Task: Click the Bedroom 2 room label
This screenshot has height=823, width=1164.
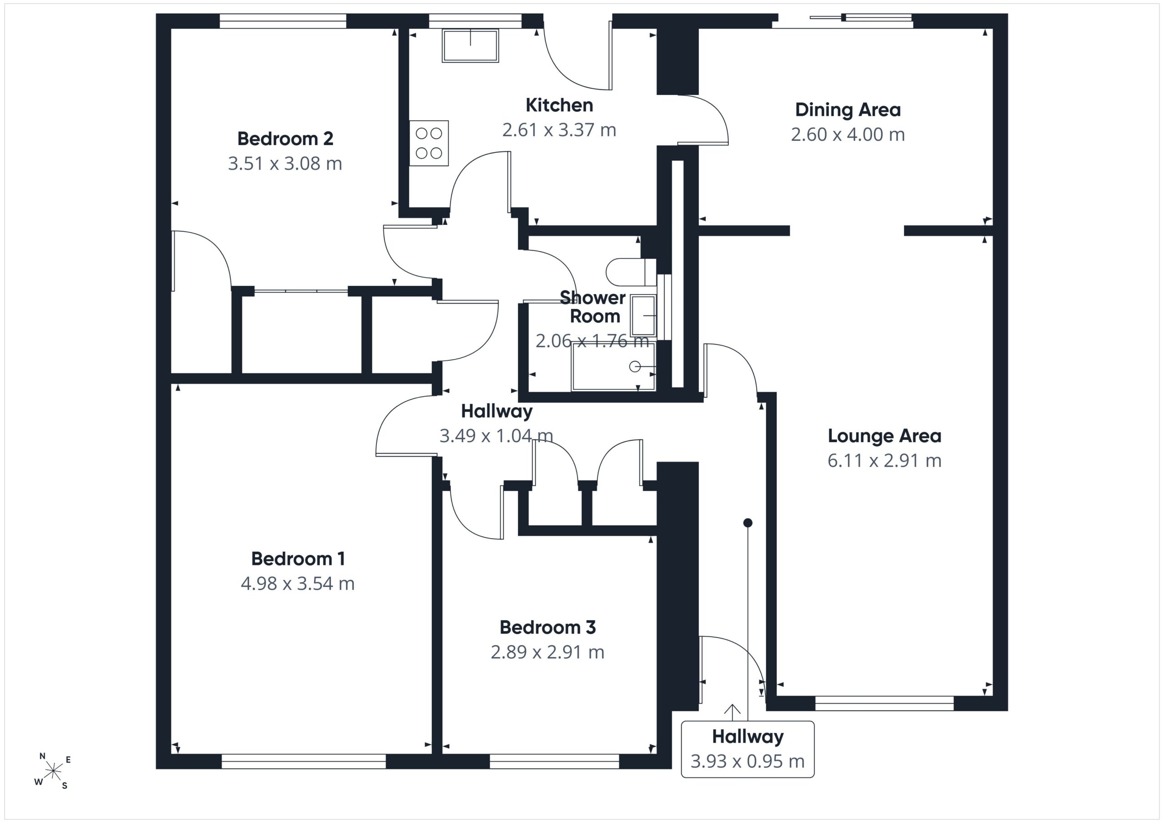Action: coord(285,138)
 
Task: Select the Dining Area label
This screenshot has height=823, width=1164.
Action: coord(848,110)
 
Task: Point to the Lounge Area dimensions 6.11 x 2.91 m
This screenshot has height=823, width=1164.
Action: coord(884,460)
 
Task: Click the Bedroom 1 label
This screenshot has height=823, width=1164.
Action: coord(298,559)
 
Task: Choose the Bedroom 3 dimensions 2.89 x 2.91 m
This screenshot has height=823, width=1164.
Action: coord(547,652)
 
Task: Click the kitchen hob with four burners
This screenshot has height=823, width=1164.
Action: coord(429,143)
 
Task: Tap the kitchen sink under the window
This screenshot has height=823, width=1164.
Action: coord(471,45)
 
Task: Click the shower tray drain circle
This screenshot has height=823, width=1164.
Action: coord(634,366)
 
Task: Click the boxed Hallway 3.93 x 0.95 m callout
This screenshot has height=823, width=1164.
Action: coord(748,749)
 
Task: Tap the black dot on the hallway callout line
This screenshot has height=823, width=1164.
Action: coord(748,523)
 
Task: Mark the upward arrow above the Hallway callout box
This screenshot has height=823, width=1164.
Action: coord(732,712)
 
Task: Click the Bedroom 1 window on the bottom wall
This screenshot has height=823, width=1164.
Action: coord(304,761)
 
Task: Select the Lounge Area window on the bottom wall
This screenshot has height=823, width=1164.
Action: coord(885,703)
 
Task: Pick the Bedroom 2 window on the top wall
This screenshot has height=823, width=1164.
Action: coord(283,21)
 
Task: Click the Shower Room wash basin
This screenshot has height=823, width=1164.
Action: coord(643,316)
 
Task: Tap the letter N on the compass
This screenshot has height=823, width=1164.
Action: coord(42,756)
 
